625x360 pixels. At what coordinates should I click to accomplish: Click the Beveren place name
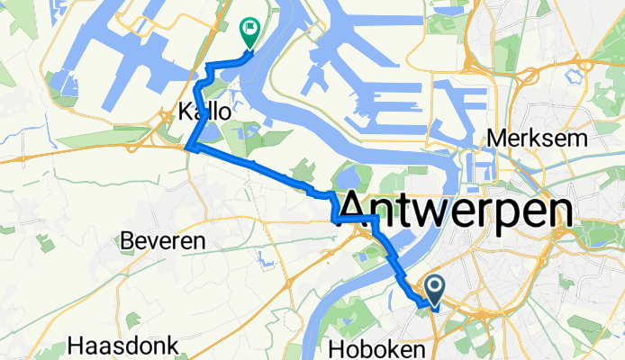pyautogui.click(x=163, y=241)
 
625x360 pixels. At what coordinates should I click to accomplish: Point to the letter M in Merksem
pyautogui.click(x=496, y=139)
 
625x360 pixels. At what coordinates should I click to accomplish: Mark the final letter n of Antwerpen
pyautogui.click(x=559, y=212)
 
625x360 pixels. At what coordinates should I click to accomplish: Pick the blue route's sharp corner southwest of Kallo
pyautogui.click(x=186, y=148)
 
